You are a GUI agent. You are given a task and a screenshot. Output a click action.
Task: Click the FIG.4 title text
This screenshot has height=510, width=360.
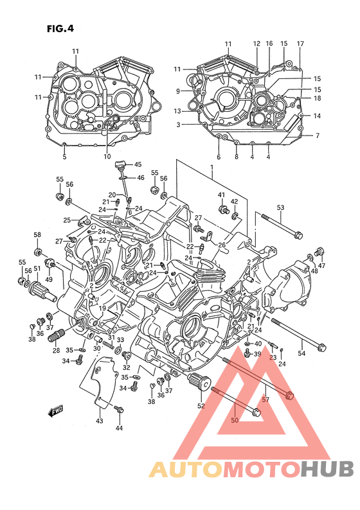tap(60, 29)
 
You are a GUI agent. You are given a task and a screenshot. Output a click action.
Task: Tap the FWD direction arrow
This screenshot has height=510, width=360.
tap(55, 412)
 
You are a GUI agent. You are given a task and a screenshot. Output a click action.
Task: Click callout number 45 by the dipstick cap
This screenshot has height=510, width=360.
tap(138, 164)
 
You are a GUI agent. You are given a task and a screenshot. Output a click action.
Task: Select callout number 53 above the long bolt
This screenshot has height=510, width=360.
tap(280, 207)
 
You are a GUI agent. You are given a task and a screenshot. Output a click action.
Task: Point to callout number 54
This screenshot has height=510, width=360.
tap(301, 353)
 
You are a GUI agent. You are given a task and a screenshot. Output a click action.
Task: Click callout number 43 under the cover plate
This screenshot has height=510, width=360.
tap(99, 421)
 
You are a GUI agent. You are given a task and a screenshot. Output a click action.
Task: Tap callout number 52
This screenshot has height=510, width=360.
tap(201, 405)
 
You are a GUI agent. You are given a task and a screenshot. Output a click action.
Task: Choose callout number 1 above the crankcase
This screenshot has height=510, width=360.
tap(212, 168)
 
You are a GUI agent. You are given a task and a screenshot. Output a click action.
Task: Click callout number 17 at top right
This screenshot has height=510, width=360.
tap(300, 44)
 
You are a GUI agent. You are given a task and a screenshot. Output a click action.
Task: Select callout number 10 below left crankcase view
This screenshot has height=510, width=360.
tap(107, 157)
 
